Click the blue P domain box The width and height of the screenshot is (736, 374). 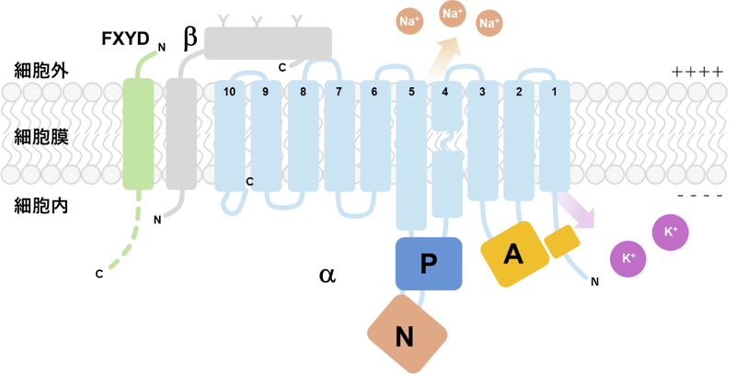coord(428,265)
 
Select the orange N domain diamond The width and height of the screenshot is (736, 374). coord(404,335)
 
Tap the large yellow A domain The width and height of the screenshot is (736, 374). coord(512,255)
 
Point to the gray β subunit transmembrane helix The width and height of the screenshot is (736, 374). coord(181,134)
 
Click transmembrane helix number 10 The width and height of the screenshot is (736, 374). coord(230,134)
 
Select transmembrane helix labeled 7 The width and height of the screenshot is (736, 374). coord(339,134)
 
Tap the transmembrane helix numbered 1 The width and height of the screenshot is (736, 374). coord(554,134)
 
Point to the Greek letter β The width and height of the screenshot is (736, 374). coord(190,38)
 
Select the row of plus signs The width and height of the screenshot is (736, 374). coord(696,72)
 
